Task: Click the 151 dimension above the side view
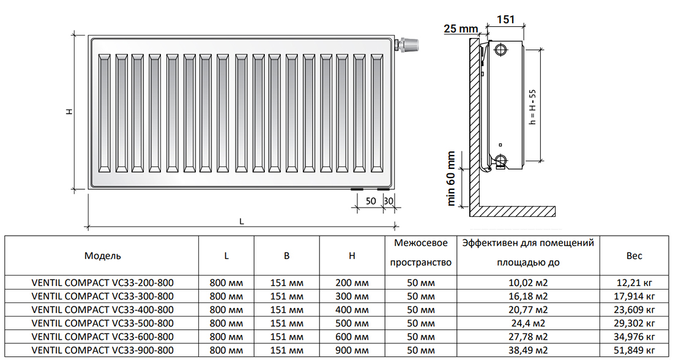click(x=505, y=19)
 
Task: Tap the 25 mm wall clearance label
click(x=460, y=29)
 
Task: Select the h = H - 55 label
click(x=532, y=107)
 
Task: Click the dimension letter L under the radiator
click(x=242, y=222)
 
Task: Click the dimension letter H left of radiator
click(x=70, y=111)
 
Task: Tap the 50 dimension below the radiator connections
click(x=371, y=201)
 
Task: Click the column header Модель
click(x=102, y=256)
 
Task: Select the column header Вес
click(x=634, y=256)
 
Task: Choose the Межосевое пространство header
click(x=421, y=253)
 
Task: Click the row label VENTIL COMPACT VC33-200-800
click(x=102, y=283)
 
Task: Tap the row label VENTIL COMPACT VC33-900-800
click(x=102, y=350)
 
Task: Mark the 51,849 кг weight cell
click(x=635, y=350)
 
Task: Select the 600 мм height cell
click(x=352, y=337)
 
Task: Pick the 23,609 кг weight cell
click(x=635, y=310)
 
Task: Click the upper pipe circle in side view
click(x=501, y=49)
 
